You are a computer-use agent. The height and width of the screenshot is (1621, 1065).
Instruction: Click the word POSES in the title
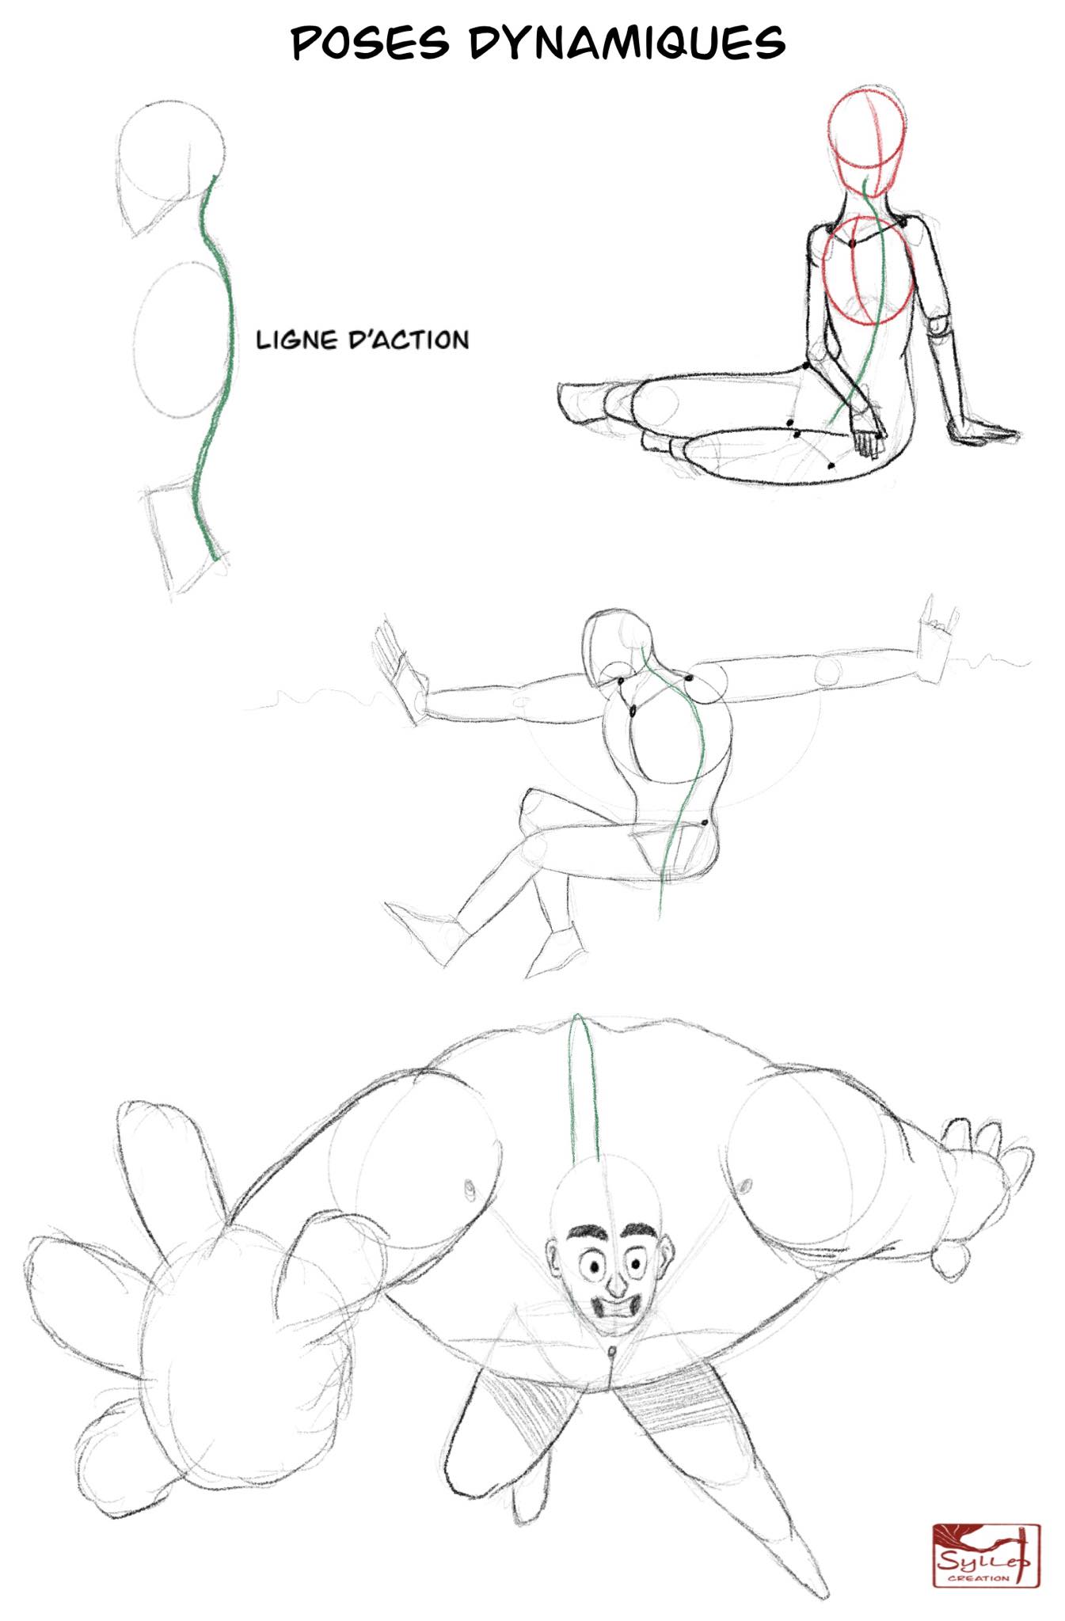tap(371, 43)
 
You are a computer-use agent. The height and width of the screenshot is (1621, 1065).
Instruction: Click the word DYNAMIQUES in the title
tap(627, 43)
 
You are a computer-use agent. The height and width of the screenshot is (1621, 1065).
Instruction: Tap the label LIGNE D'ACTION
tap(363, 340)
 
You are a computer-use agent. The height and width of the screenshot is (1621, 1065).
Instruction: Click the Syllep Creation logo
tap(986, 1555)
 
